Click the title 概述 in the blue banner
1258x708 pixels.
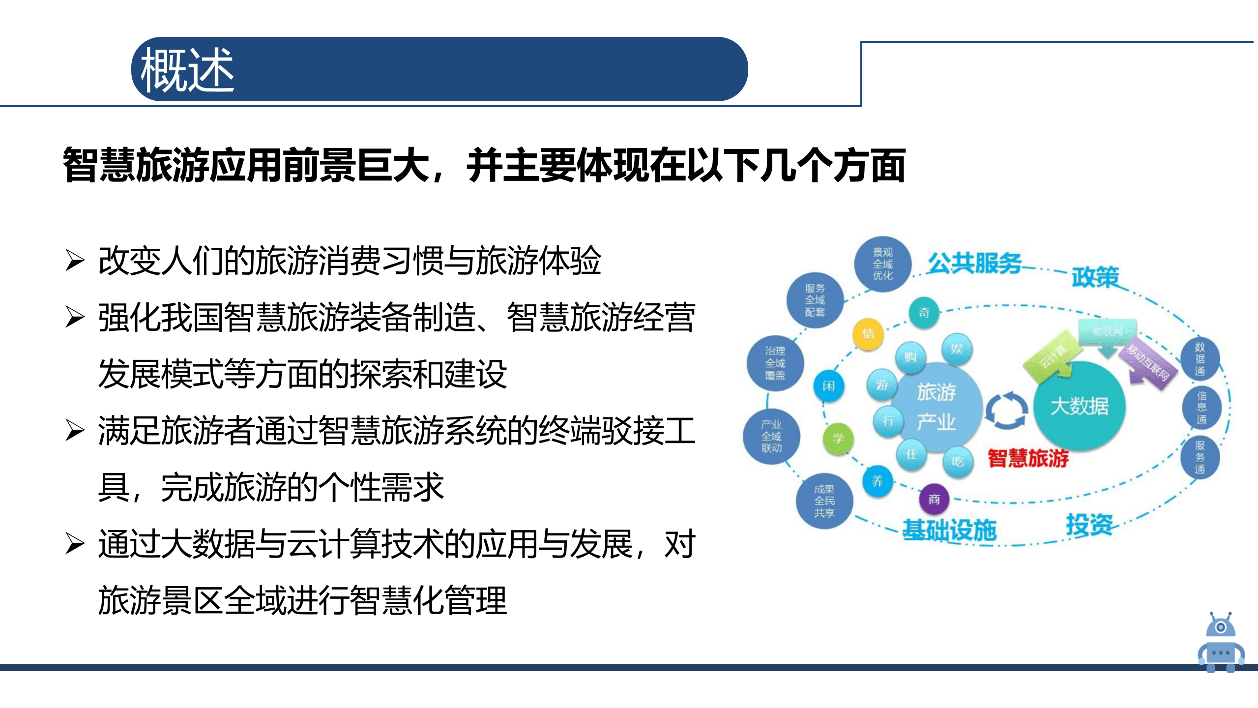point(187,70)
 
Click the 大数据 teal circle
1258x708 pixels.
point(1080,406)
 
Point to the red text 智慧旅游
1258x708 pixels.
point(1028,458)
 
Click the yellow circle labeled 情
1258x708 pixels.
point(868,334)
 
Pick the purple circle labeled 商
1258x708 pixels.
point(934,500)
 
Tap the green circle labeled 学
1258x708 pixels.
point(838,438)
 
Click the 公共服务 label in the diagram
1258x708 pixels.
point(974,263)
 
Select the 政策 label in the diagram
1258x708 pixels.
point(1095,277)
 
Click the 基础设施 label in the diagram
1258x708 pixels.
point(949,530)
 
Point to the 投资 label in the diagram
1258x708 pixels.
point(1089,525)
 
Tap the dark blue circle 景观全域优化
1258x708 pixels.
point(882,264)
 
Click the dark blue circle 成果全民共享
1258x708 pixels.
point(824,501)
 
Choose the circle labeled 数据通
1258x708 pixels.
point(1200,359)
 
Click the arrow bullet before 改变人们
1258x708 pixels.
point(75,261)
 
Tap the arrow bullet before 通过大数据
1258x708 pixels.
point(75,544)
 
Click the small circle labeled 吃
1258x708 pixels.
point(958,462)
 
